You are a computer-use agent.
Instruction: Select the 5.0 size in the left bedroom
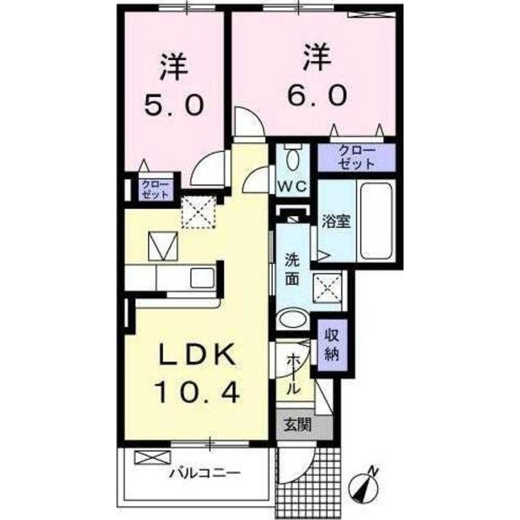coord(173,107)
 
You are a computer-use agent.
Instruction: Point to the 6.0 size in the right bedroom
coord(316,96)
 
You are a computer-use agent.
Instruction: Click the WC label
coord(292,186)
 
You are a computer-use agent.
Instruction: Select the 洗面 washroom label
coord(292,268)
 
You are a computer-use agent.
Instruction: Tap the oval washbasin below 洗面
coord(292,319)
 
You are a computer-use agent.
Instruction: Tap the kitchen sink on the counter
coord(202,278)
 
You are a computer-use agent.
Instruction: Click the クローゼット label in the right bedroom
coord(356,158)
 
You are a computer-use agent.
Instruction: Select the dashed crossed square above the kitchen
coord(198,212)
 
